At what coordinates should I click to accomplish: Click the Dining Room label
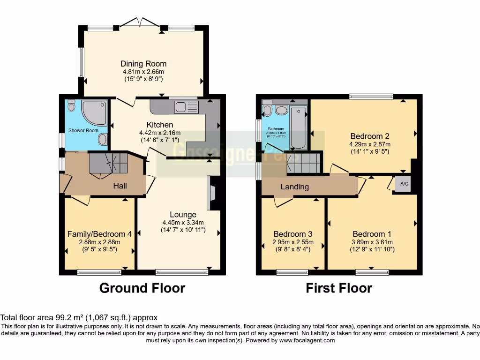pos(143,64)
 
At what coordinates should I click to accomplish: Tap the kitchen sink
pos(186,107)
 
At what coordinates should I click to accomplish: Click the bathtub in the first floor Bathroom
pos(298,127)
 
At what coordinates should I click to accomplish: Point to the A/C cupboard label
pos(404,184)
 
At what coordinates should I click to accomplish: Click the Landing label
pos(294,187)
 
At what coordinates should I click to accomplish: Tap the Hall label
pos(120,186)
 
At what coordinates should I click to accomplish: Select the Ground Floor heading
pos(142,288)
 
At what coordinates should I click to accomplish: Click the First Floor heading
pos(339,288)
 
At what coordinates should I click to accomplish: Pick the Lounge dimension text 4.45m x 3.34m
pos(183,223)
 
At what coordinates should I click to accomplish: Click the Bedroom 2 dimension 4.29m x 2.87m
pos(369,144)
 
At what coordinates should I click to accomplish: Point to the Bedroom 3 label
pos(293,234)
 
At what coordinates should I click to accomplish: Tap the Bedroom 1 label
pos(372,234)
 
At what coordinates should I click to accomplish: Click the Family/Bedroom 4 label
pos(99,234)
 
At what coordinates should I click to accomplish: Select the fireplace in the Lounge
pos(211,193)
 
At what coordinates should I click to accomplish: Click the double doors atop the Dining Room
pos(139,22)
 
